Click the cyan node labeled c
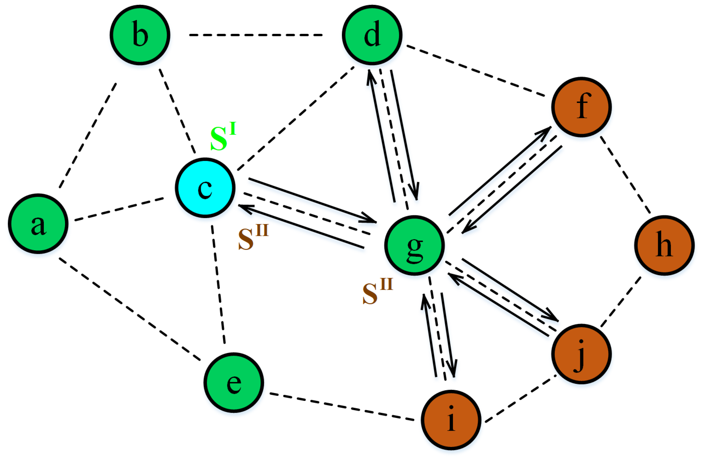point(205,188)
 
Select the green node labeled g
point(414,246)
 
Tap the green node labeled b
point(140,35)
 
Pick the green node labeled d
point(372,35)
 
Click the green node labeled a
point(38,224)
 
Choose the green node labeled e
point(234,383)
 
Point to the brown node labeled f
point(581,107)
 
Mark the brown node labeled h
point(665,246)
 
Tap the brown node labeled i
point(451,420)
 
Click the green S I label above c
point(223,137)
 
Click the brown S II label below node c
point(253,237)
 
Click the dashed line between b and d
point(256,35)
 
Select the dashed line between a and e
point(129,309)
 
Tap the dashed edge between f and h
point(625,175)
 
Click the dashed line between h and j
point(621,302)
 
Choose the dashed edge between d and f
point(475,71)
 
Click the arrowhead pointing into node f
point(545,131)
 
